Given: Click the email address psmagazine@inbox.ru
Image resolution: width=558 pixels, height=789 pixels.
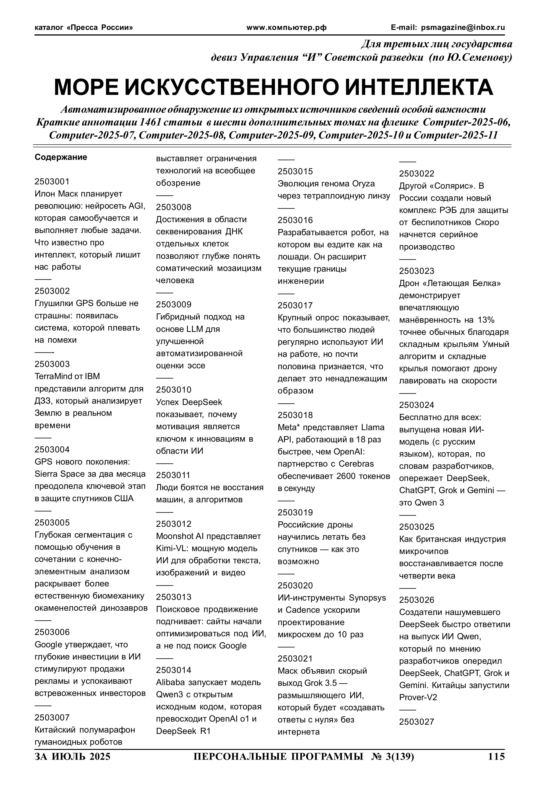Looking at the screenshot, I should point(463,27).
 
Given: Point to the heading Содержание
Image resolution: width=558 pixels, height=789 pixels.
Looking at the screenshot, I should point(61,157).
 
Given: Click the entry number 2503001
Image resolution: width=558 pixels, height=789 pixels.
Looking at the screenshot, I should point(52,181).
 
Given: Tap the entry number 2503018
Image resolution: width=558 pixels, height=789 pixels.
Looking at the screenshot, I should point(295,415).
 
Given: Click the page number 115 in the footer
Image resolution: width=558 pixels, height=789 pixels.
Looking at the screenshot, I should point(496,757).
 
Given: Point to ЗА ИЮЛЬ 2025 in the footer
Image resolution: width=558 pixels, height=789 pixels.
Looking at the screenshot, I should point(73,757).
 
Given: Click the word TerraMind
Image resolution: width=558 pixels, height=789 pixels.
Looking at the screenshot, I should point(53,376).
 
